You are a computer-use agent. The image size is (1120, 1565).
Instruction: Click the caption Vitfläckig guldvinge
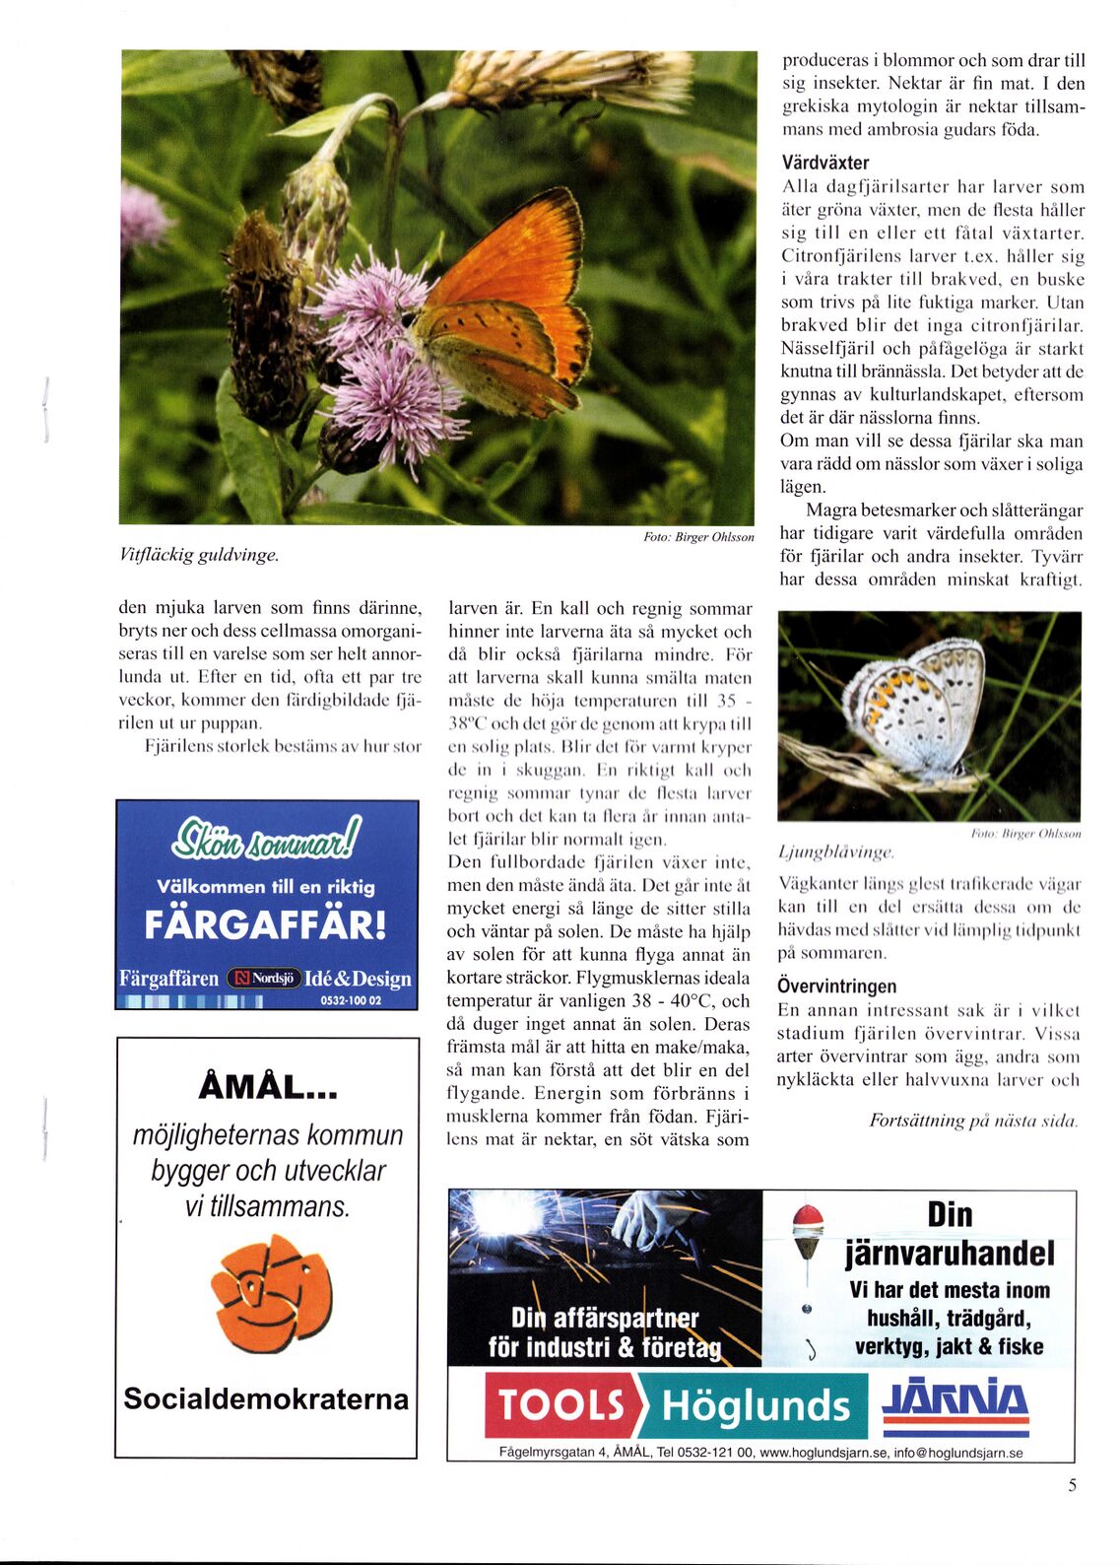199,555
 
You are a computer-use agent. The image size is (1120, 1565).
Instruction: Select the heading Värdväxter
824,163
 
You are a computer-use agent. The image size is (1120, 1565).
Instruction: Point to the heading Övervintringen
836,986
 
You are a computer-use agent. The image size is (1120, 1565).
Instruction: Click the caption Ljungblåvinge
835,851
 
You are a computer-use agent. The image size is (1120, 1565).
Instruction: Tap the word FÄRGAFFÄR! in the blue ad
266,925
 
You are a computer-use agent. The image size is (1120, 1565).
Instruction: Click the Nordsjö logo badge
263,979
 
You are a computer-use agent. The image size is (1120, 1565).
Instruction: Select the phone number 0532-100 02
351,1000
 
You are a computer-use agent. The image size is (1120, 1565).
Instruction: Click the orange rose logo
272,1292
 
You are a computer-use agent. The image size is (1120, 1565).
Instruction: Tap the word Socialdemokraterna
266,1398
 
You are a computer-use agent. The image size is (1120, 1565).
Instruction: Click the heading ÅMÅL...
268,1086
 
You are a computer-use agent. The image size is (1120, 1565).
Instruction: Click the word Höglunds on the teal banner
756,1405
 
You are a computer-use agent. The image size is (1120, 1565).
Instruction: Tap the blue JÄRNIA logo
955,1400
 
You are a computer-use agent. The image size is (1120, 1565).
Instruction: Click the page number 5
1073,1485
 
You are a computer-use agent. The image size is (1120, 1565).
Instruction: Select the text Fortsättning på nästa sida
973,1121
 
